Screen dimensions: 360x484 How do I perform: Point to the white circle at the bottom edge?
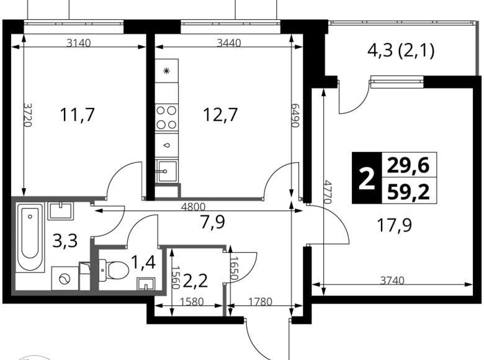point(34,357)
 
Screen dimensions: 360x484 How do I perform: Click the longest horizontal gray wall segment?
point(208,199)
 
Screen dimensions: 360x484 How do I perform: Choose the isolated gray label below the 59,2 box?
point(392,280)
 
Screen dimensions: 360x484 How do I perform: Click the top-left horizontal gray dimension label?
point(79,42)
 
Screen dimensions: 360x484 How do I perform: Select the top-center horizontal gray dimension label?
point(228,42)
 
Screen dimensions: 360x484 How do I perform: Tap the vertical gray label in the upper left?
point(28,114)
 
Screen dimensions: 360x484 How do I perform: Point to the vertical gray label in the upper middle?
point(296,114)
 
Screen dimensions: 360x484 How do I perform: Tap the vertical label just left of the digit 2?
point(328,193)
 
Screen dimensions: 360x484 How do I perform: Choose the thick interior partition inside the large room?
point(94,264)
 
